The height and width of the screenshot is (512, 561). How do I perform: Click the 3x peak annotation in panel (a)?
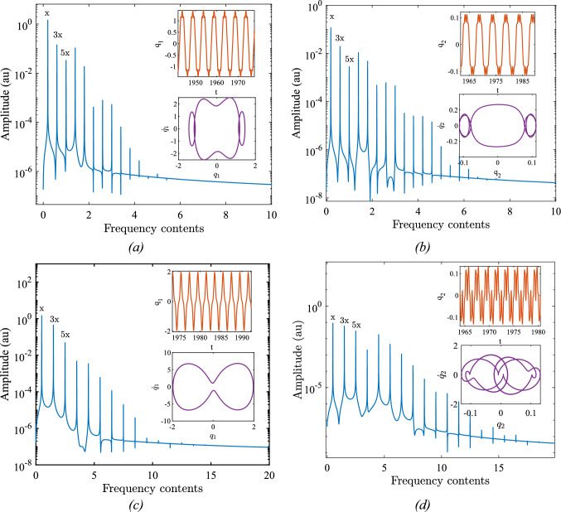(x=58, y=35)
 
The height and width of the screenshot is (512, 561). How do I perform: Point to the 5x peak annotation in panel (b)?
(x=349, y=59)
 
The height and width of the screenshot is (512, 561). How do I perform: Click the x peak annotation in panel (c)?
(x=41, y=309)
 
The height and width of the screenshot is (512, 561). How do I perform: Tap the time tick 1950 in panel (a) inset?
(x=196, y=84)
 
